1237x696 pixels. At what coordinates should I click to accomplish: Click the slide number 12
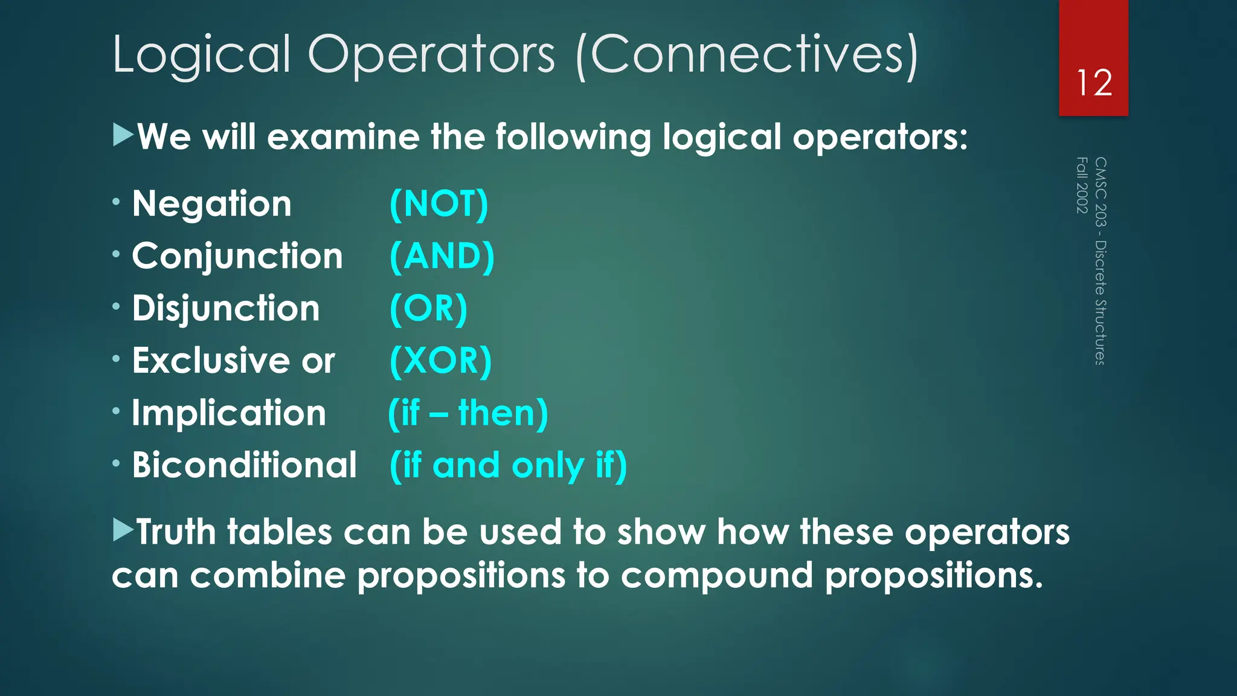pyautogui.click(x=1094, y=83)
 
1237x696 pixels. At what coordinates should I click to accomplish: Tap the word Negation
pyautogui.click(x=212, y=204)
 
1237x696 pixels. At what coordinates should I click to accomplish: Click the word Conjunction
pyautogui.click(x=237, y=256)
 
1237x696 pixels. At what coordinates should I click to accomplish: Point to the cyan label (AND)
pyautogui.click(x=442, y=256)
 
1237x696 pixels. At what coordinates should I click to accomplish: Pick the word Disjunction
pyautogui.click(x=226, y=309)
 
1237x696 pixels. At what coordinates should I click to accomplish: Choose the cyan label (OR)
pyautogui.click(x=429, y=309)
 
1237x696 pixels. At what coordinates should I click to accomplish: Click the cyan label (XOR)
pyautogui.click(x=441, y=361)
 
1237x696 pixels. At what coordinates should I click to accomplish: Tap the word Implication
pyautogui.click(x=229, y=413)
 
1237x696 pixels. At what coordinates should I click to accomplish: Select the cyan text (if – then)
pyautogui.click(x=468, y=413)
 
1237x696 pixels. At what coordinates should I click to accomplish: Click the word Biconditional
pyautogui.click(x=245, y=465)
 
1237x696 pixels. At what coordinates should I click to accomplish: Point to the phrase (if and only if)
pyautogui.click(x=509, y=465)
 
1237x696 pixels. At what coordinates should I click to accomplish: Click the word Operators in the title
pyautogui.click(x=431, y=55)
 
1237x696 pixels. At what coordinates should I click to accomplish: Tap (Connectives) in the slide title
pyautogui.click(x=747, y=55)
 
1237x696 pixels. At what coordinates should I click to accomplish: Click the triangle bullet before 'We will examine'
pyautogui.click(x=123, y=135)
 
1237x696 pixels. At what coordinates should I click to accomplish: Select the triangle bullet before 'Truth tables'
pyautogui.click(x=123, y=529)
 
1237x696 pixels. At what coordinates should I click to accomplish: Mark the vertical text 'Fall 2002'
pyautogui.click(x=1082, y=185)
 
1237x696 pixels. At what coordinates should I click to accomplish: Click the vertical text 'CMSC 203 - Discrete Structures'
pyautogui.click(x=1100, y=261)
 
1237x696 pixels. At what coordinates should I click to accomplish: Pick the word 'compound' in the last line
pyautogui.click(x=717, y=576)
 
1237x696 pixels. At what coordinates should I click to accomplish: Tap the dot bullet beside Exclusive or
pyautogui.click(x=116, y=359)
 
